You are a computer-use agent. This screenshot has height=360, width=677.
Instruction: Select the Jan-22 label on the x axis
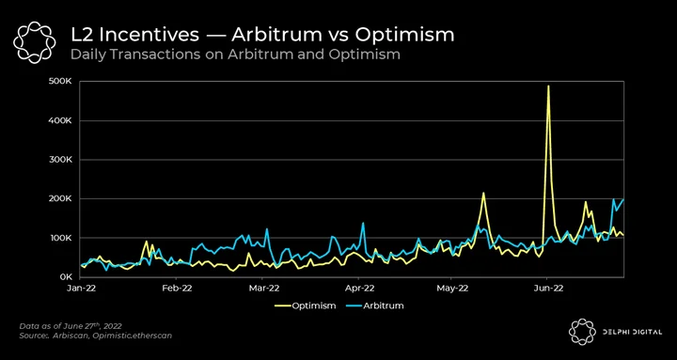click(x=81, y=289)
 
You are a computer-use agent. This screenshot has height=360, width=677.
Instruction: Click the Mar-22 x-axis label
click(x=263, y=289)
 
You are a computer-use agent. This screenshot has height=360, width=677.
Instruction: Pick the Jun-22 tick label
click(x=547, y=289)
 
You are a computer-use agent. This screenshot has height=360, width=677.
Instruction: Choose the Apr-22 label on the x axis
click(x=359, y=289)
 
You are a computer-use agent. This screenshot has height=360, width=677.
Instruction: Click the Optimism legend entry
click(x=306, y=306)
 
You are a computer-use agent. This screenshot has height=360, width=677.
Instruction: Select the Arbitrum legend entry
click(x=375, y=306)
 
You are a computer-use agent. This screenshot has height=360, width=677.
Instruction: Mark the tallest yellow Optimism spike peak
click(x=548, y=86)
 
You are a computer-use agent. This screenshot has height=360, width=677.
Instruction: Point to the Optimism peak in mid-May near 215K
click(x=483, y=193)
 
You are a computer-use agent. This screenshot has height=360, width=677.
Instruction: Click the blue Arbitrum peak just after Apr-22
click(x=363, y=223)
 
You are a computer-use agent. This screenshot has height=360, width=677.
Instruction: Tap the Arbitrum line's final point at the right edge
click(x=623, y=199)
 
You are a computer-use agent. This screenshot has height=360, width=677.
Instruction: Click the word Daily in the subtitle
click(x=85, y=55)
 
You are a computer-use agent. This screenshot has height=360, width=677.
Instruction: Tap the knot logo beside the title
click(x=34, y=42)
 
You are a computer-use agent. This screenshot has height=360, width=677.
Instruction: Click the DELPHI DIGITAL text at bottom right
click(x=631, y=332)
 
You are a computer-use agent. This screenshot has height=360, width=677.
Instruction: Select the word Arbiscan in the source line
click(x=66, y=336)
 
